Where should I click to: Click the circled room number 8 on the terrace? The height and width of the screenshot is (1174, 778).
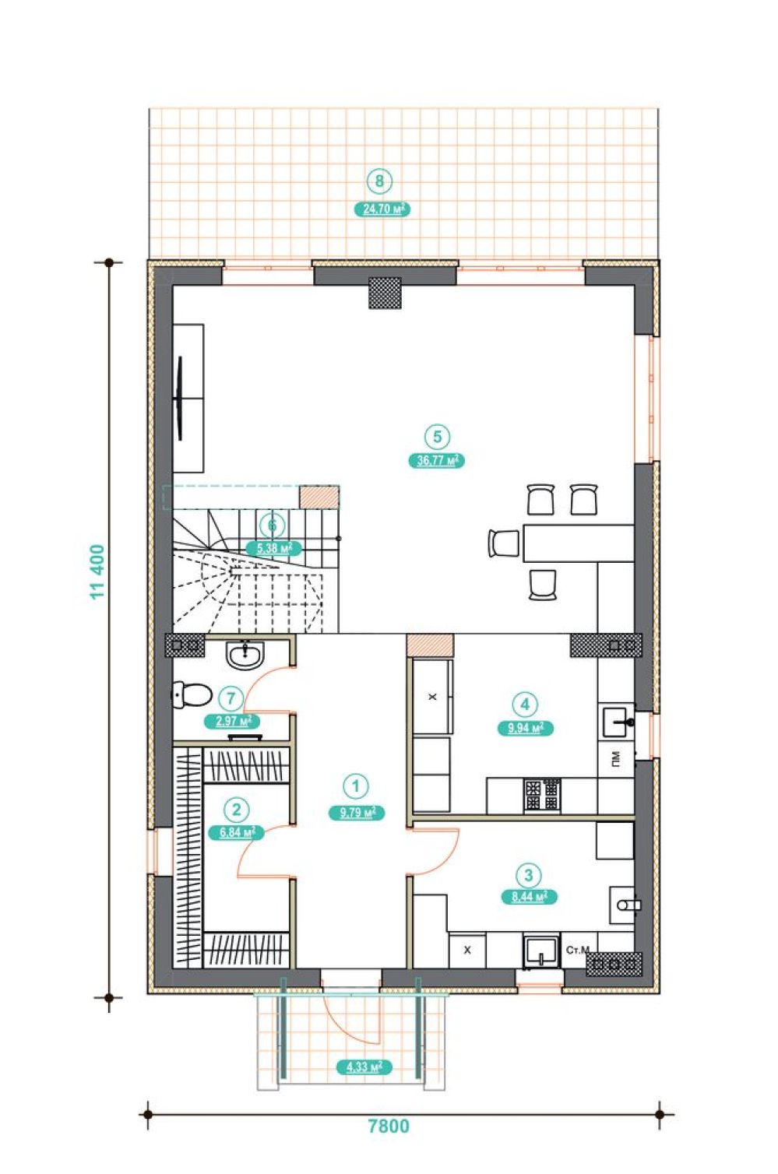[379, 181]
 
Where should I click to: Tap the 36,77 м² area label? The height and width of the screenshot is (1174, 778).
[436, 461]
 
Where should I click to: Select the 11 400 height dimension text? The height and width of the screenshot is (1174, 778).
[98, 571]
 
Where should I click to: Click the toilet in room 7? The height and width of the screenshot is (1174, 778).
[191, 694]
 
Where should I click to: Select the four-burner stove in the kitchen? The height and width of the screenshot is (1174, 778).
[542, 795]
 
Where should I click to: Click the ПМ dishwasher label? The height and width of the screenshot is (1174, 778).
[615, 758]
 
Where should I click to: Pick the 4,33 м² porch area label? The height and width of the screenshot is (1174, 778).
[364, 1067]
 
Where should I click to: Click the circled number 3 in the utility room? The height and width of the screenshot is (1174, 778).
[529, 875]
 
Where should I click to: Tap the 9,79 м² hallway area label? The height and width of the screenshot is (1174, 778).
[357, 813]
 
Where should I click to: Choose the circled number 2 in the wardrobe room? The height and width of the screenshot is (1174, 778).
[236, 810]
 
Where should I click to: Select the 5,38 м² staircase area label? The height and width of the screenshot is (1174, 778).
[274, 548]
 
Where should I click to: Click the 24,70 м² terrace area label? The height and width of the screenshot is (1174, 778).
[382, 209]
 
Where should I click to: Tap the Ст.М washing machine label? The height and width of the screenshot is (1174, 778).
[578, 950]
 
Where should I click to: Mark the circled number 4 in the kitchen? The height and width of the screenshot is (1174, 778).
[526, 704]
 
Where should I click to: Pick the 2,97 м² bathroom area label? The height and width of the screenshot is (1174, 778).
[232, 721]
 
